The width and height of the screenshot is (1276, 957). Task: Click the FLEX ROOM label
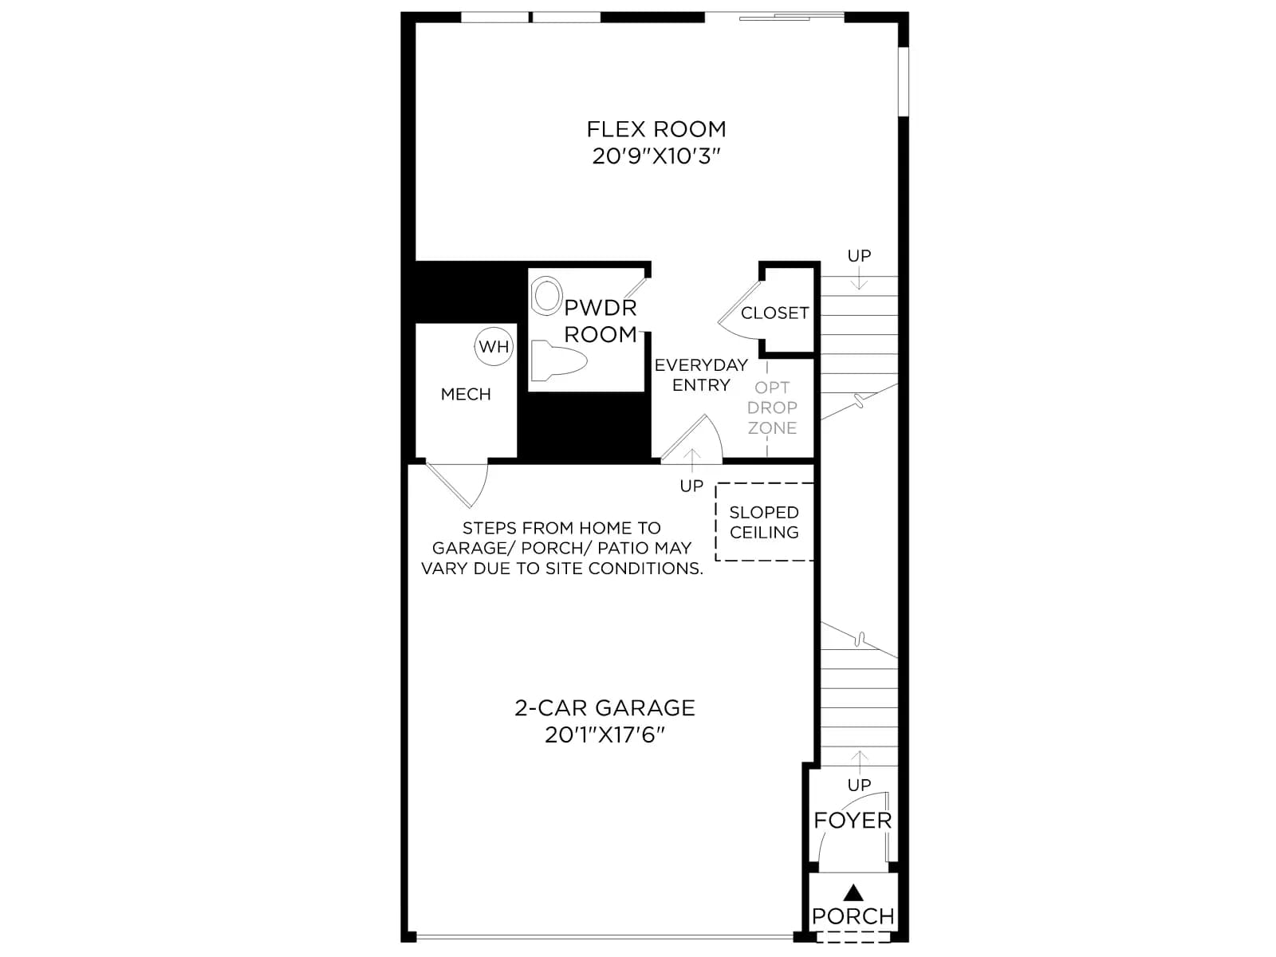point(656,129)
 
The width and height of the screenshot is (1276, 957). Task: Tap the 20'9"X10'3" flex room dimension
point(656,156)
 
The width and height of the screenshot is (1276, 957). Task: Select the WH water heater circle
point(494,347)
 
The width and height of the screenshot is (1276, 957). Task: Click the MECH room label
point(466,395)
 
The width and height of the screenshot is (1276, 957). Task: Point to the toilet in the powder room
point(559,361)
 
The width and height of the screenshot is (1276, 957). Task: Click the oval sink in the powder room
point(546,296)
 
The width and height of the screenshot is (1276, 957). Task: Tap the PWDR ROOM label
point(601,321)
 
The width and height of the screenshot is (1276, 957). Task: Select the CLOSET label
point(774,313)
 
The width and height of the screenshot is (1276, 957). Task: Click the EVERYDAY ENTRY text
point(701,375)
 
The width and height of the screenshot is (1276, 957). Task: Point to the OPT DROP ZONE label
point(772,408)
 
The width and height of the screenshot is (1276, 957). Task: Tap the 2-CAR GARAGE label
point(605,708)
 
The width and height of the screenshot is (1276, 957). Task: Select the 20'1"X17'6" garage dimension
point(605,735)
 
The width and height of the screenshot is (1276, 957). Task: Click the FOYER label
point(853,821)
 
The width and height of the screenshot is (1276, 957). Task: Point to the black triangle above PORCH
point(853,892)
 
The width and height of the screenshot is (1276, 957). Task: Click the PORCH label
point(853,916)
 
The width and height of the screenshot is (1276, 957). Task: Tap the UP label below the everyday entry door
point(691,486)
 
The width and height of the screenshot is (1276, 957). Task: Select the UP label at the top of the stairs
point(859,256)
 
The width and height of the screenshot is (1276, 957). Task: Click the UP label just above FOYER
point(859,785)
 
